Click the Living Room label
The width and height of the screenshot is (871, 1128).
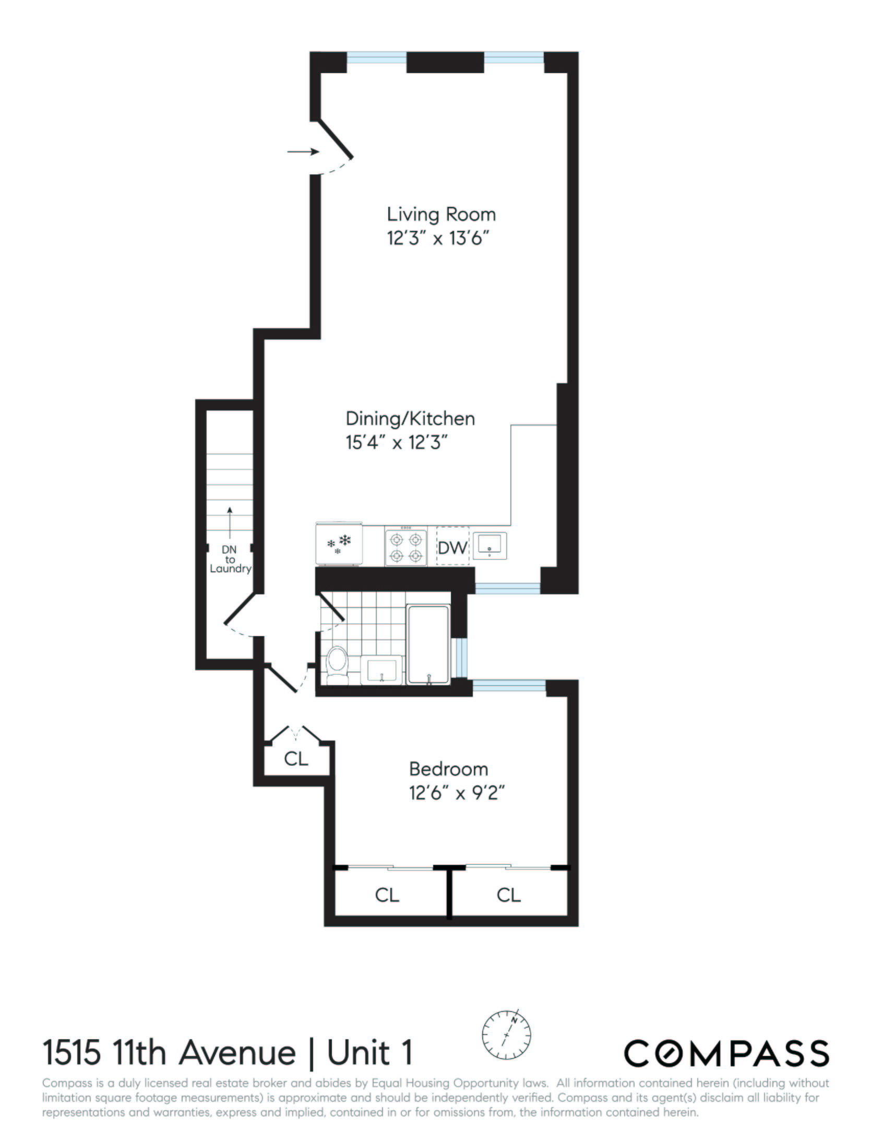pos(441,215)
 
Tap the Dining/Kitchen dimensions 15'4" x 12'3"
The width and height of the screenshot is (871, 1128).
pos(397,443)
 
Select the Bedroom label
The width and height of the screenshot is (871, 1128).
pos(448,769)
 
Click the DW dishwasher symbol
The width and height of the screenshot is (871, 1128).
pos(452,548)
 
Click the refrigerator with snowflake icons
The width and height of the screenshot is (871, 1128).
pos(339,544)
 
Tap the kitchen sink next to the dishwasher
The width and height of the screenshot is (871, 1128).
pos(490,546)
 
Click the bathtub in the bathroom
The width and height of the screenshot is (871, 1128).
pos(428,644)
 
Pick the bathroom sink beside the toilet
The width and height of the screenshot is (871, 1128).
pos(382,669)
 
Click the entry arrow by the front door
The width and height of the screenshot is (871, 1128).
pos(303,152)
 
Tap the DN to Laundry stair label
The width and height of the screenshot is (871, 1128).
pos(230,559)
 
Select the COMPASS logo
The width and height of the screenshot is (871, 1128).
pos(726,1053)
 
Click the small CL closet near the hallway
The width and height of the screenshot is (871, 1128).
pos(296,759)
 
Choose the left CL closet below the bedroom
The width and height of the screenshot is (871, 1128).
pos(387,895)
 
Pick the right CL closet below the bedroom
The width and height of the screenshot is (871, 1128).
pos(508,895)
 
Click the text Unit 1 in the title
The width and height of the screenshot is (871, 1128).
pos(369,1053)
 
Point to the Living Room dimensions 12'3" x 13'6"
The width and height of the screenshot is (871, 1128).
pos(438,239)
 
